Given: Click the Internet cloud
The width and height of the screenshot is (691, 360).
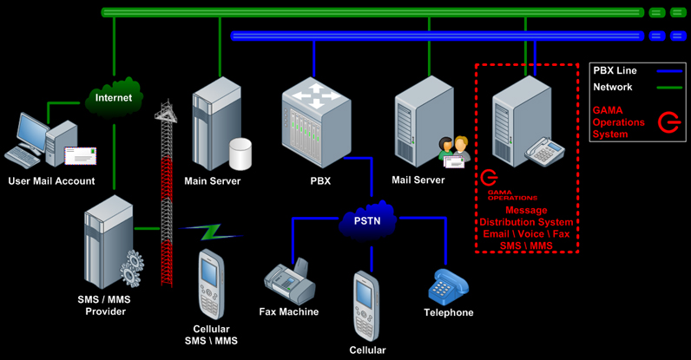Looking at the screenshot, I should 114,98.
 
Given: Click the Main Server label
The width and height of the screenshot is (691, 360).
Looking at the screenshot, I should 213,181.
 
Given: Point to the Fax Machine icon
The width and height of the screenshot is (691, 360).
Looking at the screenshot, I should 288,279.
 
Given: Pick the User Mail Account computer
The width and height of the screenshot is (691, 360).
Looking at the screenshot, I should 39,141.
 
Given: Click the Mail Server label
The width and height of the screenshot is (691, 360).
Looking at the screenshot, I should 418,180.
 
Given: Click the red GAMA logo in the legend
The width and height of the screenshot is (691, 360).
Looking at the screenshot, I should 668,123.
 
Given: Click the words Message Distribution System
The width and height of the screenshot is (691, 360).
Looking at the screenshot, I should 527,216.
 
